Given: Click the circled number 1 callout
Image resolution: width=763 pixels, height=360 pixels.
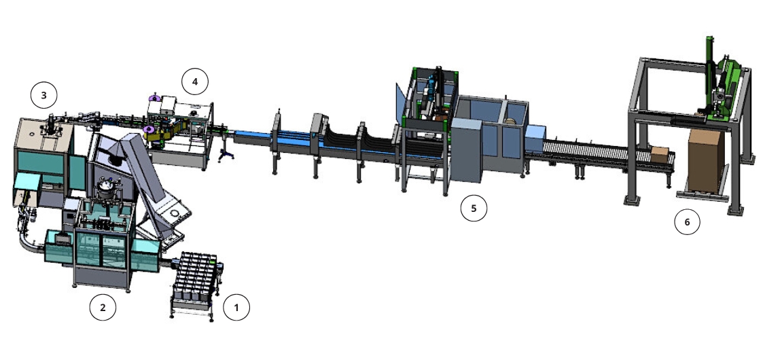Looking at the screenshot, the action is tap(236, 308).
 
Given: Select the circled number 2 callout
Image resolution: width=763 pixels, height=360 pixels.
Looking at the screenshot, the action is tap(103, 308).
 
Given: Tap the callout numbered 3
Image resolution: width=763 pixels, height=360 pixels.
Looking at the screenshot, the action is tap(43, 95).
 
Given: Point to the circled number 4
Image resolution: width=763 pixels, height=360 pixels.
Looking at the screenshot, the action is tap(195, 82).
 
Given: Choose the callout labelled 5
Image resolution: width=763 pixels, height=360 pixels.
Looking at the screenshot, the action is tap(474, 209).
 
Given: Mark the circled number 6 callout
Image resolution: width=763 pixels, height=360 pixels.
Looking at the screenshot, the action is tap(687, 222).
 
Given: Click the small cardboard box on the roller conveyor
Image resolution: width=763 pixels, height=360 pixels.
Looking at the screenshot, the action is tap(660, 154).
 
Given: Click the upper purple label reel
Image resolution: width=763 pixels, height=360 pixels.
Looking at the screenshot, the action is tap(155, 98).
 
